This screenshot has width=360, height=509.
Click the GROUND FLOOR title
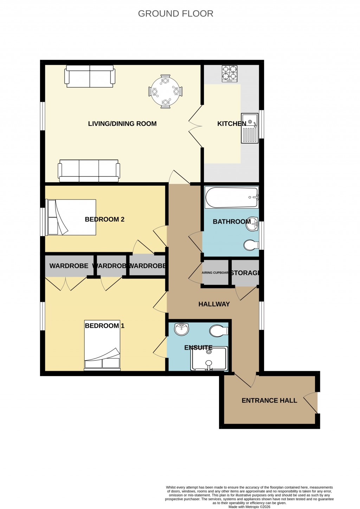175,14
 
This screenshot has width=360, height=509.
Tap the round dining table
165,91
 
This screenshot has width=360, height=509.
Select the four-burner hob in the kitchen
229,74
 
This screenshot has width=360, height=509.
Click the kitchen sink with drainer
250,128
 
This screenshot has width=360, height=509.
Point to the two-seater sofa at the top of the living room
90,76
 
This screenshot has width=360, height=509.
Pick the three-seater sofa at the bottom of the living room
89,171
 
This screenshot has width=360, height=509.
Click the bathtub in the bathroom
231,197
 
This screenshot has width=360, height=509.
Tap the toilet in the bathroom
251,245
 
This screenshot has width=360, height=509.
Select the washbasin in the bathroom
252,224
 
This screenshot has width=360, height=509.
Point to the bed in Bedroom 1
102,345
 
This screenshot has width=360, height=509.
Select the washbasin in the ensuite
181,329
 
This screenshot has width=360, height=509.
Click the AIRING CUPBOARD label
215,273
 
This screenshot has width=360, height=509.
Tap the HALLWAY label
214,304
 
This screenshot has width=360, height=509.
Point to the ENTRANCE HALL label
269,400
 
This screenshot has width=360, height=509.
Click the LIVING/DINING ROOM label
122,123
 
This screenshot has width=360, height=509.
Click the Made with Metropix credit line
249,507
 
